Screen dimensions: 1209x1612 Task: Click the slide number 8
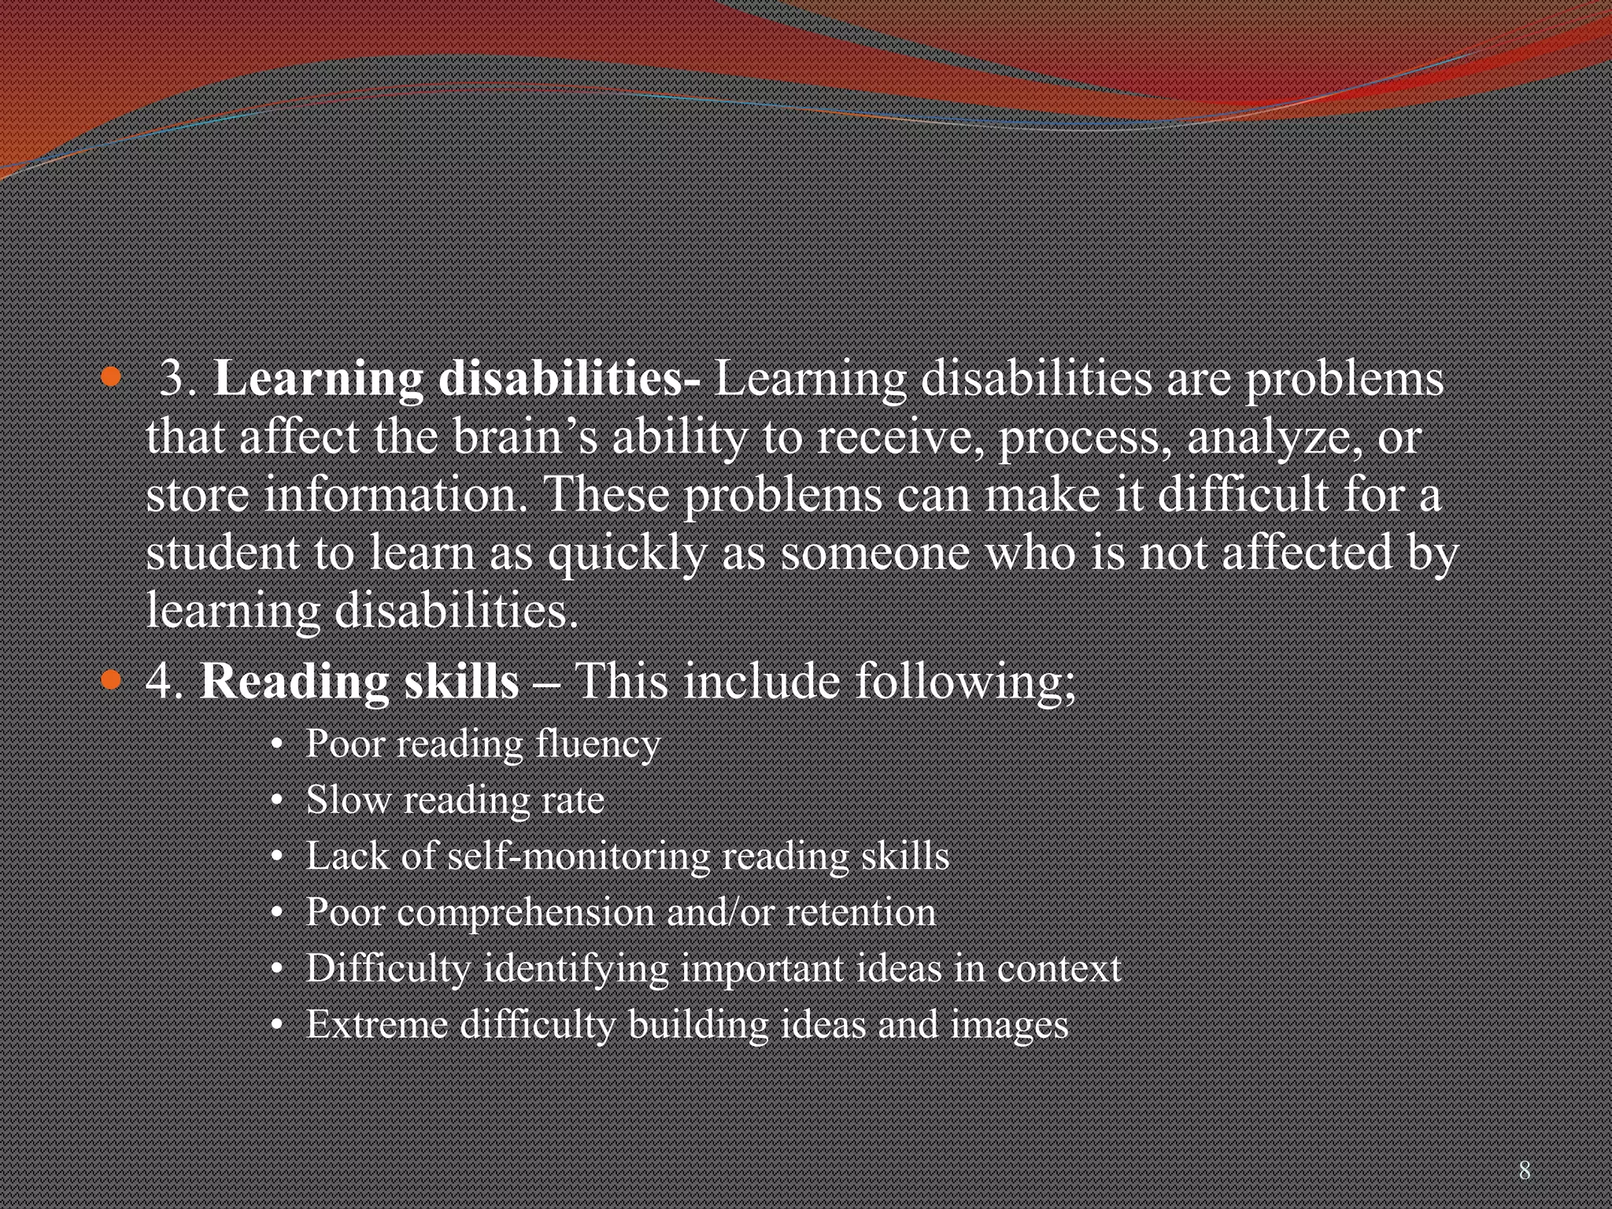[x=1525, y=1170]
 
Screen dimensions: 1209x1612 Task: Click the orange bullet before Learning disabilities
[x=112, y=377]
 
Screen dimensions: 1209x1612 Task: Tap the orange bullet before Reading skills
[x=112, y=680]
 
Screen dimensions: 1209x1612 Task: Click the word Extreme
[x=377, y=1025]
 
